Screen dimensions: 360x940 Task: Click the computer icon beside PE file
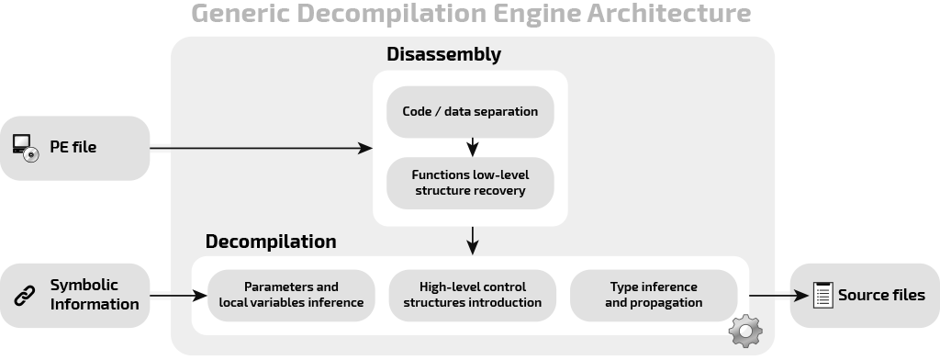(25, 147)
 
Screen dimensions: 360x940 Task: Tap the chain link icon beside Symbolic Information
(25, 296)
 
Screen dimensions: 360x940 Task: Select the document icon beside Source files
(822, 296)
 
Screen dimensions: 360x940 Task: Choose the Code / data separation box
(470, 112)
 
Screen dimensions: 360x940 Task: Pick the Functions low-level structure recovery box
(470, 183)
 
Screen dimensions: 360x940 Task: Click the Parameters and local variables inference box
(291, 295)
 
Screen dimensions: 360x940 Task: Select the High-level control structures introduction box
(473, 295)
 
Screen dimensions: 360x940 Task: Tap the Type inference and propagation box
(654, 295)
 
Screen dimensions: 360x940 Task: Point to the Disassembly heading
(443, 54)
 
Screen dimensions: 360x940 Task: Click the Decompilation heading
(271, 242)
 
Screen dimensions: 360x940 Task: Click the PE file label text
(73, 147)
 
